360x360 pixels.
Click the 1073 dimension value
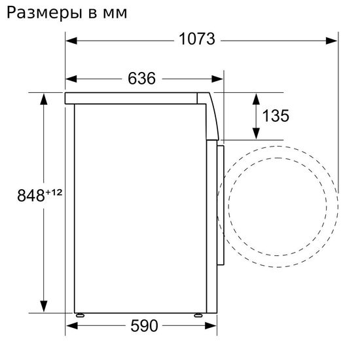tap(197, 39)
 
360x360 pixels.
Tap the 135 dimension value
tap(276, 116)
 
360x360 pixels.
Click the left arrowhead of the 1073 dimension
tap(71, 40)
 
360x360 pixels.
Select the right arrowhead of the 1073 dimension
tap(333, 40)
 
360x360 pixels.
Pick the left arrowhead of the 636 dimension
tap(71, 80)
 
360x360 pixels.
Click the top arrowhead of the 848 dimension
tap(44, 99)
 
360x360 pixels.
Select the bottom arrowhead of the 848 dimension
tap(44, 306)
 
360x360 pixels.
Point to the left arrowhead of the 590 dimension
tap(71, 326)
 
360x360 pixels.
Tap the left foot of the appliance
tap(81, 314)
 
